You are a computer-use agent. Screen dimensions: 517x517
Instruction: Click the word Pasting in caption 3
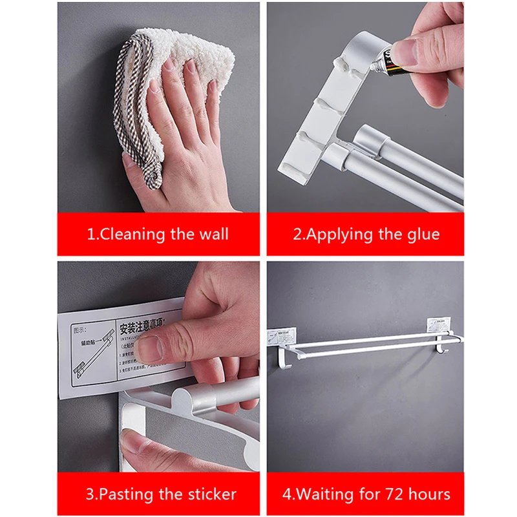(x=125, y=495)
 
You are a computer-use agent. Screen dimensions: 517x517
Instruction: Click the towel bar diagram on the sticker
(x=94, y=353)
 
